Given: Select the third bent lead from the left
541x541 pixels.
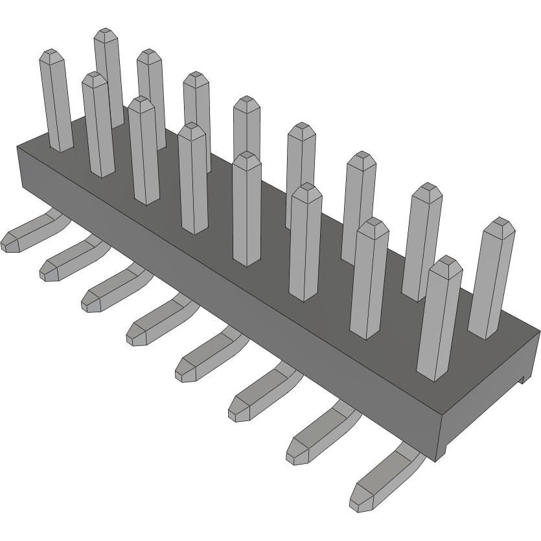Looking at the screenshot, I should (x=110, y=288).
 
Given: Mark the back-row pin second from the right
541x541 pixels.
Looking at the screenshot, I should (x=422, y=240).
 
